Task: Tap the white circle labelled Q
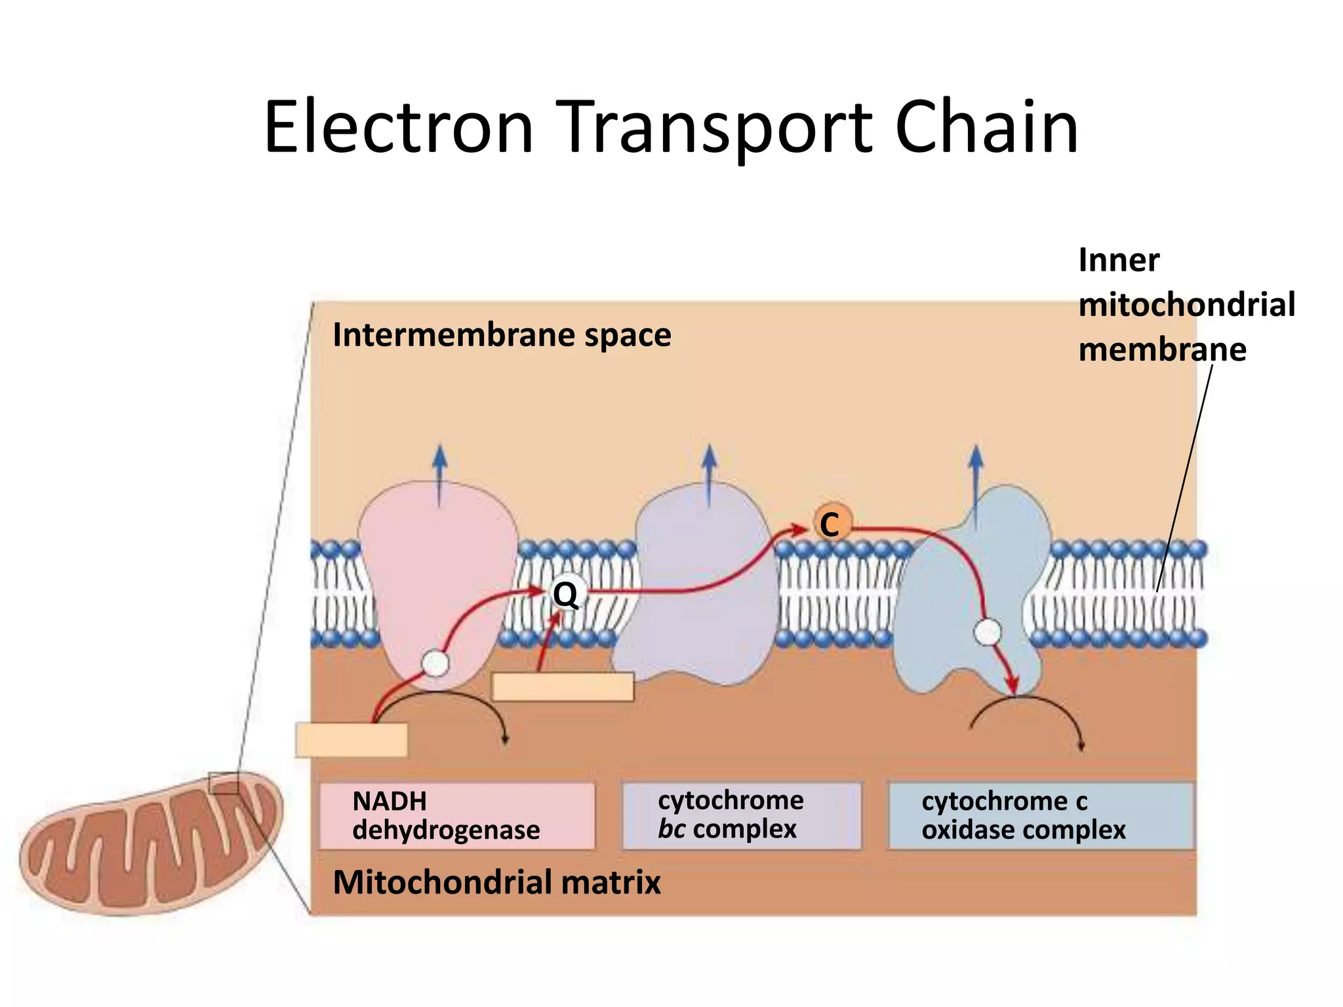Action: coord(565,594)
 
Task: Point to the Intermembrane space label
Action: coord(502,335)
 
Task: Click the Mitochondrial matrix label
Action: coord(496,882)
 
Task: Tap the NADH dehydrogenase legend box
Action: coord(456,816)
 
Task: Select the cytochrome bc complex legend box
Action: coord(742,816)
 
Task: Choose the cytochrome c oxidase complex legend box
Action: coord(1040,816)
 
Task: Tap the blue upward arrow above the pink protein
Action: coord(439,475)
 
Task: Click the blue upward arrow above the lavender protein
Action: coord(708,475)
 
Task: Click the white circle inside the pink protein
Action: coord(435,663)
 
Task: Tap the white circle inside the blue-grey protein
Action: coord(987,633)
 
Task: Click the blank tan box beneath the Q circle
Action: coord(563,687)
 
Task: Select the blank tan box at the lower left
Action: coord(351,740)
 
